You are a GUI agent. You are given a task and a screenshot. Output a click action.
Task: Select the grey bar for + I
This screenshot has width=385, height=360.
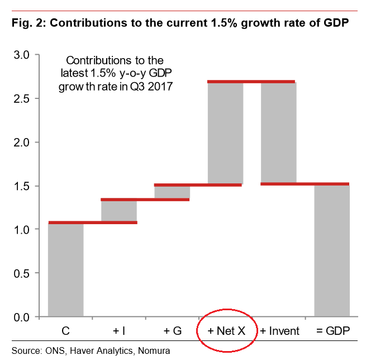pyautogui.click(x=119, y=211)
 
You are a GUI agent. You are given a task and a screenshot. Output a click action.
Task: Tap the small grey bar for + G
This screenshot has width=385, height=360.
pyautogui.click(x=172, y=192)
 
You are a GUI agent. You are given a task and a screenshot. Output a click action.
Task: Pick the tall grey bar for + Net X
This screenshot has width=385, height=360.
pyautogui.click(x=226, y=133)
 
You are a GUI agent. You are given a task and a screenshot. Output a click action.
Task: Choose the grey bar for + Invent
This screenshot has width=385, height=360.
pyautogui.click(x=278, y=132)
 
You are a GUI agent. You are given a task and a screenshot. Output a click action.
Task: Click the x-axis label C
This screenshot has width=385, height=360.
pyautogui.click(x=66, y=331)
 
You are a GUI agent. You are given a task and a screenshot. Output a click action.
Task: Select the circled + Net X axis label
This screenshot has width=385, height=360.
pyautogui.click(x=226, y=331)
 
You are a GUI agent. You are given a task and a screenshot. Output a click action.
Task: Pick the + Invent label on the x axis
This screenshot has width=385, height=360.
pyautogui.click(x=279, y=331)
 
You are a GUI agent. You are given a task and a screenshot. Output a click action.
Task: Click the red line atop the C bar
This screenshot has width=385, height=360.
pyautogui.click(x=93, y=222)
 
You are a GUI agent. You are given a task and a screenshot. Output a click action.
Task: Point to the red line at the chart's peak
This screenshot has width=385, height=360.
pyautogui.click(x=251, y=82)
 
